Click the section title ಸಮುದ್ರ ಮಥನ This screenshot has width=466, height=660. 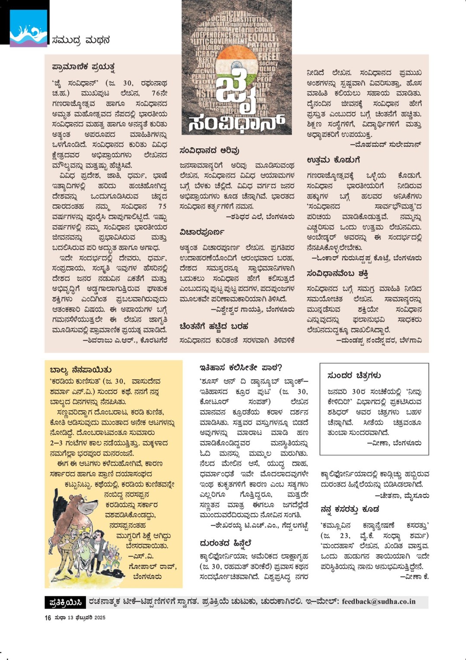80,40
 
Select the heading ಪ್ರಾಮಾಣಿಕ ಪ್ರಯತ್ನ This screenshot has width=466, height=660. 83,67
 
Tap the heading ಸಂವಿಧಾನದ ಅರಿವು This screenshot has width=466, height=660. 209,151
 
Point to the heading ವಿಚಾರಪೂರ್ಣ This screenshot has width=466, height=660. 202,232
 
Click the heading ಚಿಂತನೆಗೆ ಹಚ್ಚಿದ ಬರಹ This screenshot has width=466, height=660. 214,326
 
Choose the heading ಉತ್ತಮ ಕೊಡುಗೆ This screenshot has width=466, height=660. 333,160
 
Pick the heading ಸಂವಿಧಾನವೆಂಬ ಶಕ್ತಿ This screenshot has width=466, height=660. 337,274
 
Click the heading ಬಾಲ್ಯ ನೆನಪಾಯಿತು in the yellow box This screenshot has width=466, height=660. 81,370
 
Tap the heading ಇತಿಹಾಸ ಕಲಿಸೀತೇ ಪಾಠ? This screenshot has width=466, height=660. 240,368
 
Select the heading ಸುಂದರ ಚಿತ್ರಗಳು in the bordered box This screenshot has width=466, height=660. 354,376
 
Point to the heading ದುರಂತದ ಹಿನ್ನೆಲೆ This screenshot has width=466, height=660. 225,543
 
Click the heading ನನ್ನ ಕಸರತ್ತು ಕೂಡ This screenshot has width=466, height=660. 350,509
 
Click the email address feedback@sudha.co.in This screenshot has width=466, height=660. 379,602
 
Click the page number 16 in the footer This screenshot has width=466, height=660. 48,618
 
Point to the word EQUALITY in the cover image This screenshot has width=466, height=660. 262,38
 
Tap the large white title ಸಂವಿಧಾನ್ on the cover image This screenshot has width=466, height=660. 236,123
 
